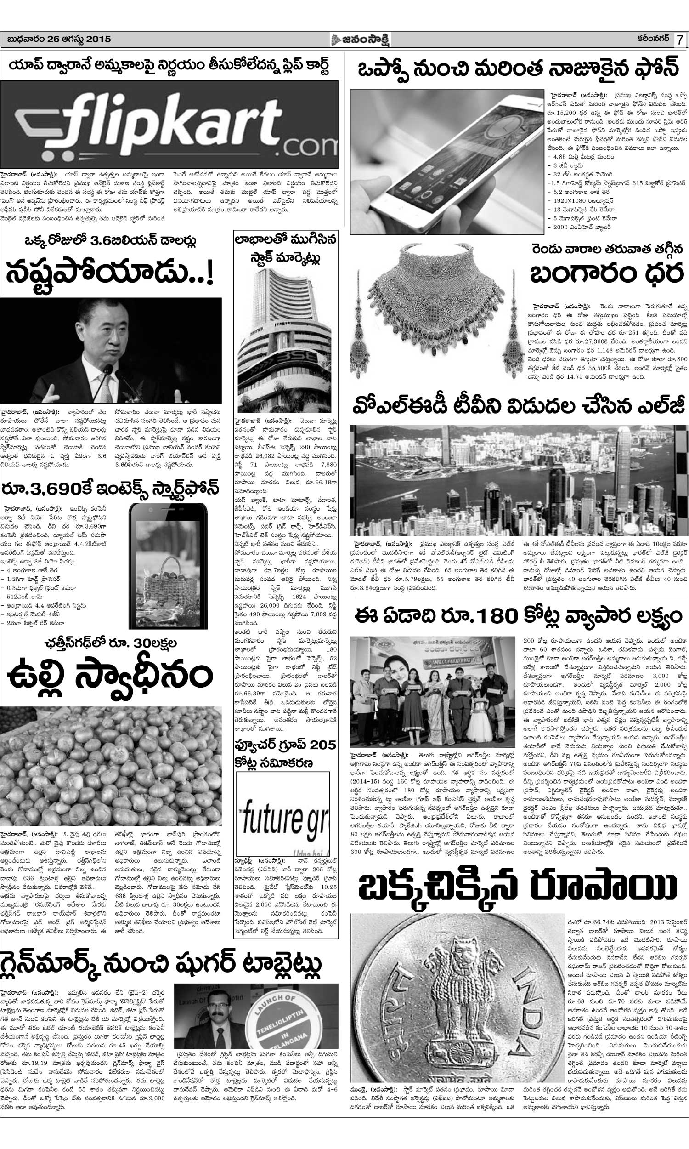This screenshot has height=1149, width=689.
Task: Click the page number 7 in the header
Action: (x=680, y=40)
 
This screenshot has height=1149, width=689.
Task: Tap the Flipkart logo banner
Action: (x=169, y=124)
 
